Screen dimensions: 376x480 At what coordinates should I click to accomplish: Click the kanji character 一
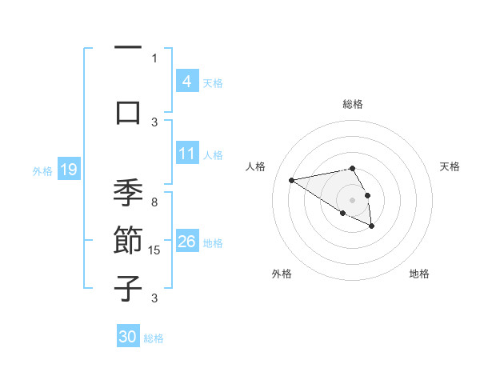pyautogui.click(x=128, y=48)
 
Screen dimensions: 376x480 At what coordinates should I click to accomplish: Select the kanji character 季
pyautogui.click(x=128, y=193)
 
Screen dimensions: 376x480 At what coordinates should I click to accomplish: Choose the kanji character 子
pyautogui.click(x=128, y=288)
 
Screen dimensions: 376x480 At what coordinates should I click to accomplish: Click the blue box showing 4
pyautogui.click(x=186, y=82)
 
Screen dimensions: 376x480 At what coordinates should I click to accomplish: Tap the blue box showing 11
pyautogui.click(x=186, y=154)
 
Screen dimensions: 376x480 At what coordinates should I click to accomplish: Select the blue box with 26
pyautogui.click(x=186, y=242)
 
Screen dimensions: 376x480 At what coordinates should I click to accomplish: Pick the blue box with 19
pyautogui.click(x=68, y=170)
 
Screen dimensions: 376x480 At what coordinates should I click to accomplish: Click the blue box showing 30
pyautogui.click(x=128, y=337)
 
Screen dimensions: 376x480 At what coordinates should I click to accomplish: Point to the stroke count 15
pyautogui.click(x=154, y=250)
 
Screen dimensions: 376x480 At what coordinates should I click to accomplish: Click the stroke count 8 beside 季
pyautogui.click(x=154, y=202)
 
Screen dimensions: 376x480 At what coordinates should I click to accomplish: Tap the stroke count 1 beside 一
pyautogui.click(x=154, y=58)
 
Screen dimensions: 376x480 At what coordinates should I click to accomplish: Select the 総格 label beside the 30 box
pyautogui.click(x=154, y=338)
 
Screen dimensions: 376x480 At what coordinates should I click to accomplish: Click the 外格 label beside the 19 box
pyautogui.click(x=42, y=170)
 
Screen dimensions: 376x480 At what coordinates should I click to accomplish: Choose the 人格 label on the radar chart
pyautogui.click(x=256, y=166)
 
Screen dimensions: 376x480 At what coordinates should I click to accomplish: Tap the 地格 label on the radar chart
pyautogui.click(x=419, y=274)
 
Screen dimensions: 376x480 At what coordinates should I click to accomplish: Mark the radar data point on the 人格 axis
pyautogui.click(x=292, y=179)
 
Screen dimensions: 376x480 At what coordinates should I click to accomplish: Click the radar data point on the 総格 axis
pyautogui.click(x=352, y=168)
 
